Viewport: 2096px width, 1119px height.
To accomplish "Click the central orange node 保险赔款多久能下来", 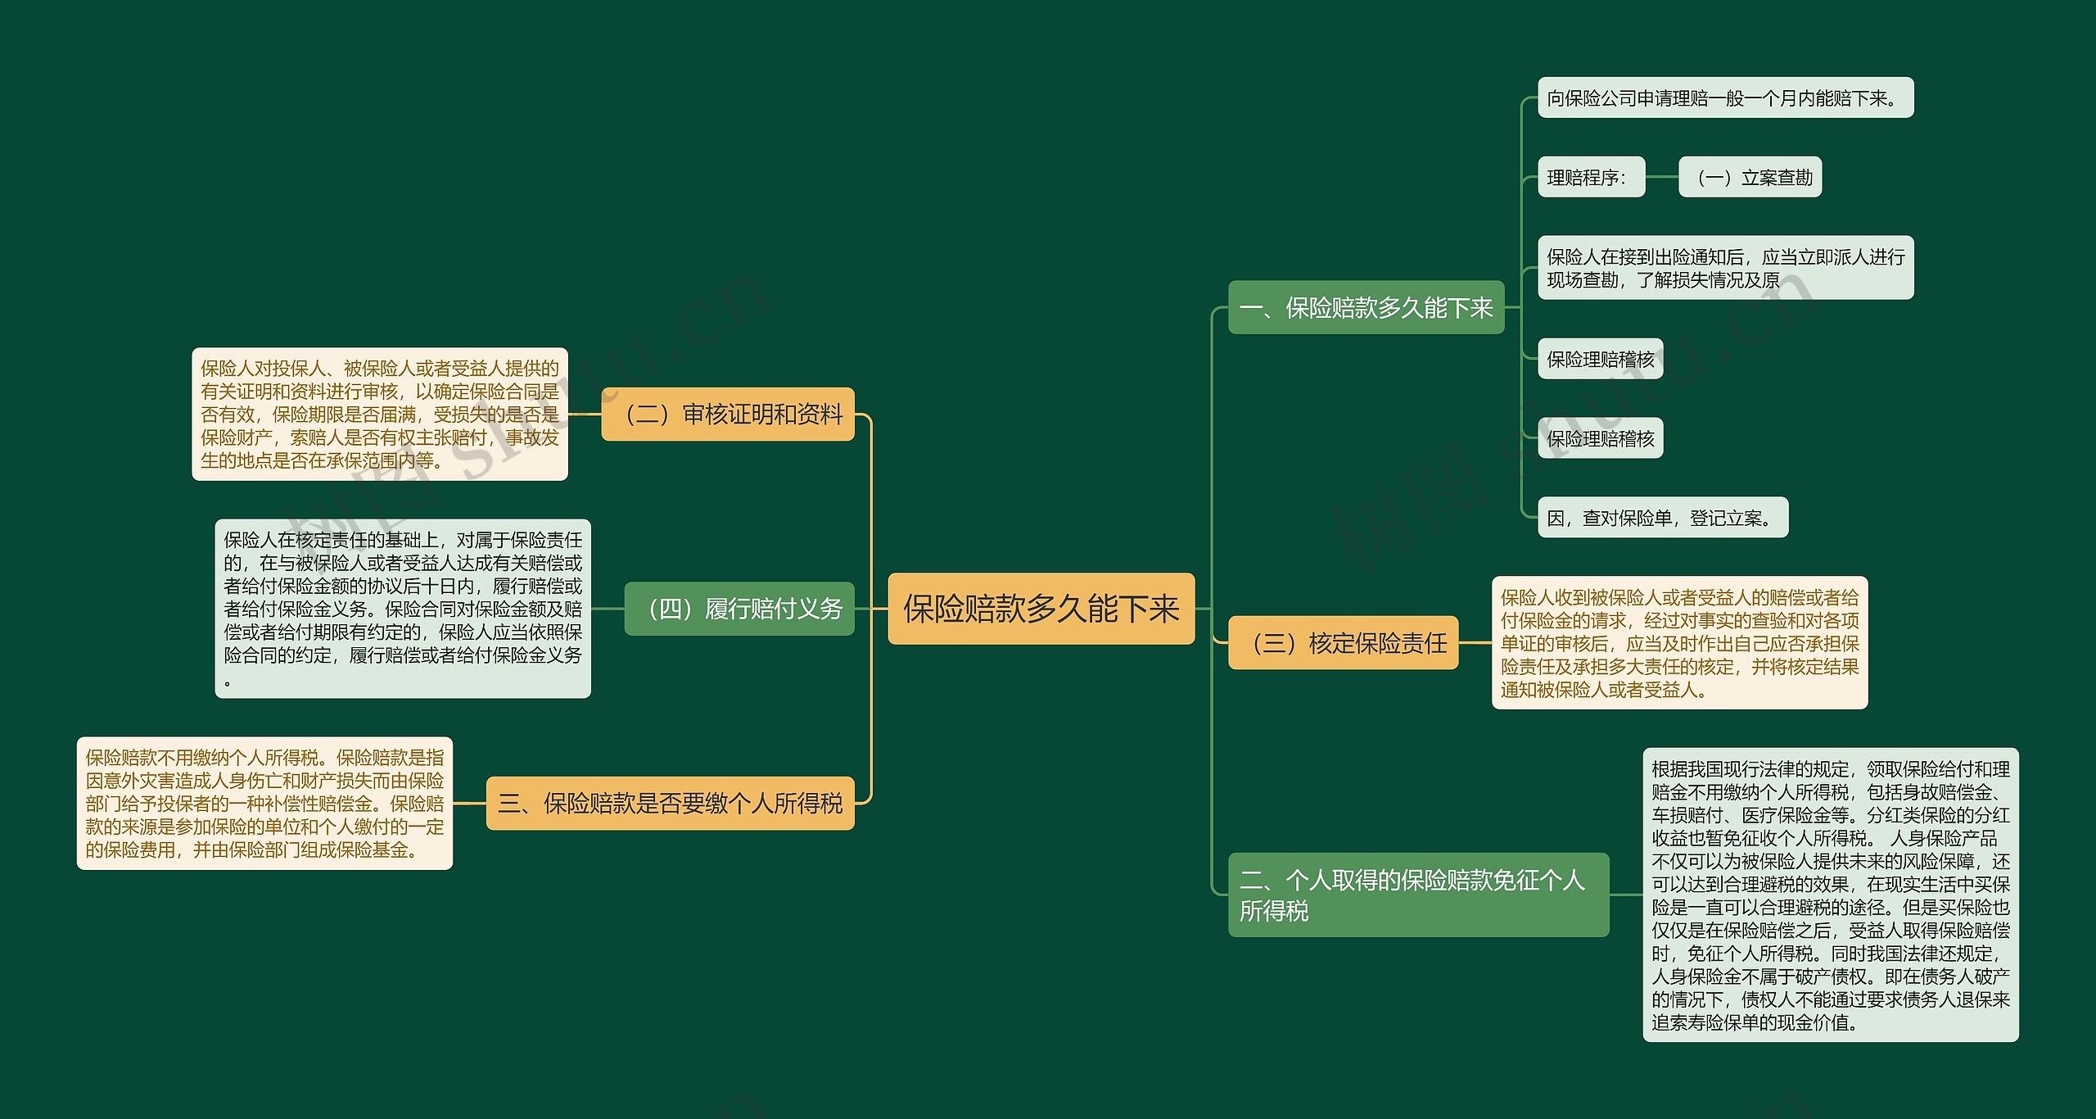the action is pos(1041,609).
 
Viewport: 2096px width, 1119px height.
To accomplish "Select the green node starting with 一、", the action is pos(1366,308).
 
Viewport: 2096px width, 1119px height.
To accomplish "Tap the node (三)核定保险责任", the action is pos(1343,643).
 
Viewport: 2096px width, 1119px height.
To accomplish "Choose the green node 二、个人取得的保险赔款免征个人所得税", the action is pos(1418,895).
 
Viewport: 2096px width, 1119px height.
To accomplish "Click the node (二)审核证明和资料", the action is pos(728,415).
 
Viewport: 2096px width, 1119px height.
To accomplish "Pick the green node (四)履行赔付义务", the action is pos(739,609).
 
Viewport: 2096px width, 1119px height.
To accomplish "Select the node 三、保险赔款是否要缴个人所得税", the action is pos(670,804).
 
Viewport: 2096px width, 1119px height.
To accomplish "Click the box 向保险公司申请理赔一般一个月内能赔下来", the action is pos(1725,98).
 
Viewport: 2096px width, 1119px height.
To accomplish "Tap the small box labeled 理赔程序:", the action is pos(1591,177).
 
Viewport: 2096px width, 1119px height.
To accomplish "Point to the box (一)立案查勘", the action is pos(1750,177).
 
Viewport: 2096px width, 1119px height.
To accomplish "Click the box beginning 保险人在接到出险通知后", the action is pos(1725,269).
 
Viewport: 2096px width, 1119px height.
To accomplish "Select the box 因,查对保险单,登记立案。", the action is pos(1662,518).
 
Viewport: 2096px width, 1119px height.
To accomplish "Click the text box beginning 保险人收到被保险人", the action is pos(1679,643).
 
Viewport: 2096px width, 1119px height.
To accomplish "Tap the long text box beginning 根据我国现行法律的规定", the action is pos(1830,895).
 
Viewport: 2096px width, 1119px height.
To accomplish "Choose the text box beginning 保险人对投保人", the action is pos(380,415).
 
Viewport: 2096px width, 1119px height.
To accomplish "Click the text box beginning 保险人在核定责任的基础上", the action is pos(403,609).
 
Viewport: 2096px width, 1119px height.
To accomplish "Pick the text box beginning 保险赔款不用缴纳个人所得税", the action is pos(264,804).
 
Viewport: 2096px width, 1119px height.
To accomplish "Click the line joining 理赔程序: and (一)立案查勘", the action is pos(1661,177).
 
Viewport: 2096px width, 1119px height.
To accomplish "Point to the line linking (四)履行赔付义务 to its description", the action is pos(608,609).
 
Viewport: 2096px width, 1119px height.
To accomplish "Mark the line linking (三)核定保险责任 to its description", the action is pos(1475,643).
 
